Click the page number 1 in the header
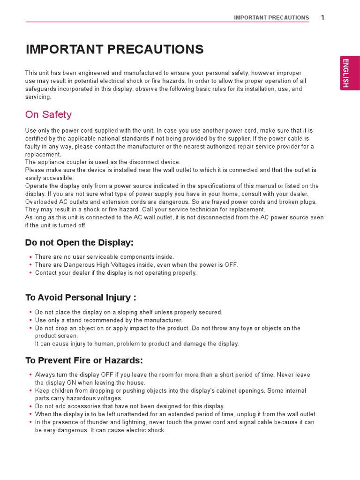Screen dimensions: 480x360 click(x=322, y=18)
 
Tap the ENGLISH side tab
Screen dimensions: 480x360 click(x=350, y=73)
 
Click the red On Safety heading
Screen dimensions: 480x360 click(x=48, y=114)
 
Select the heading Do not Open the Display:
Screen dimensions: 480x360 click(x=79, y=242)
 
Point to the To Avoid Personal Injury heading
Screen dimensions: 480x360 click(x=81, y=297)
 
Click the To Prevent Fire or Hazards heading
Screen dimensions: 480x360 click(x=84, y=360)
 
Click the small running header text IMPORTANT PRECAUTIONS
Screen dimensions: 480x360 click(x=271, y=18)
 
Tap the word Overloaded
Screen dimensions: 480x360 click(x=41, y=202)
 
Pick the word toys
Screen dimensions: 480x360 click(x=244, y=328)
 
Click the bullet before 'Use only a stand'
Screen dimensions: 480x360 click(x=30, y=320)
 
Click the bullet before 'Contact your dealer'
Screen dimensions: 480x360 click(x=30, y=273)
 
